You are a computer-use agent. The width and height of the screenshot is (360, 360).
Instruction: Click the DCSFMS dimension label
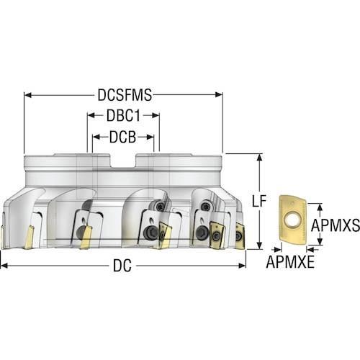tap(125, 95)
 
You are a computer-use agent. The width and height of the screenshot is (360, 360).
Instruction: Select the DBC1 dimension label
tap(123, 116)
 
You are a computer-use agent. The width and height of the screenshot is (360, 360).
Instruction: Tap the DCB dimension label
tap(122, 137)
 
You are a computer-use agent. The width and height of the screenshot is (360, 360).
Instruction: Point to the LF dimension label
tap(259, 201)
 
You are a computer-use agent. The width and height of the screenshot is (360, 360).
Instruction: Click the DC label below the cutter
tap(122, 266)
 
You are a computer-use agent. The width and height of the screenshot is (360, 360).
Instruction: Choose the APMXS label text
tap(336, 225)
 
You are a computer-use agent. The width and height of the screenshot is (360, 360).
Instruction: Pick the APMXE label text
tap(290, 261)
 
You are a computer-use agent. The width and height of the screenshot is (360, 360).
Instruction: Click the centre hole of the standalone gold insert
tap(291, 220)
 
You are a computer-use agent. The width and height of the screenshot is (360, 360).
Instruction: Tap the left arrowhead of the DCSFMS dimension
tap(28, 95)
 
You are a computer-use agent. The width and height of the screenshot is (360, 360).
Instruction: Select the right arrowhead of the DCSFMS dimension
tap(219, 95)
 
